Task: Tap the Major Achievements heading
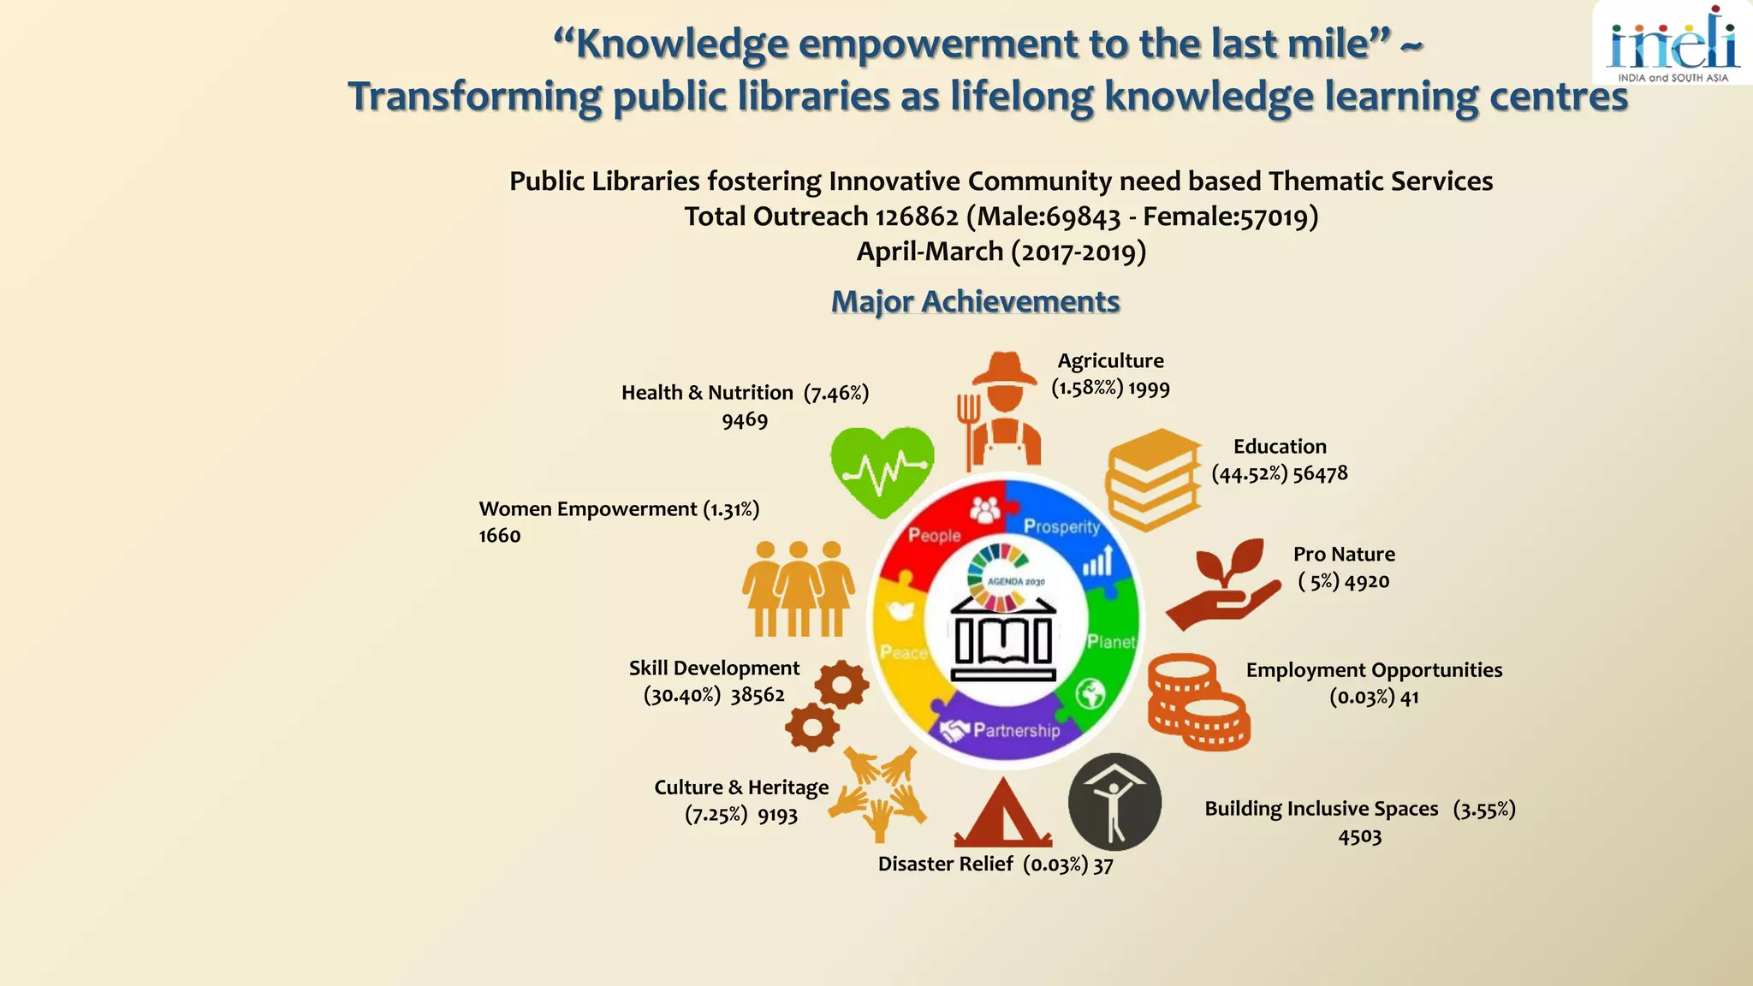tap(975, 301)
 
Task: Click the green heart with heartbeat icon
tap(882, 471)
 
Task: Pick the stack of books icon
tap(1152, 478)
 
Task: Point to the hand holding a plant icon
tap(1222, 584)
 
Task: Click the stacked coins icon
tap(1197, 702)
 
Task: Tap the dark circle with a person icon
tap(1114, 802)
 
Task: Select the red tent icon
tap(1002, 813)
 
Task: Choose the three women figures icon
tap(798, 588)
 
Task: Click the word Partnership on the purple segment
tap(1016, 730)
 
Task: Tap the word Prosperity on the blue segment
tap(1061, 526)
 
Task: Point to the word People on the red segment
tap(934, 535)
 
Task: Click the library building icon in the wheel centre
tap(1003, 639)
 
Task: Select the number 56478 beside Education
tap(1320, 473)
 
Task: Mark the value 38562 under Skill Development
tap(758, 695)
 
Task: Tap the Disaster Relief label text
tap(945, 864)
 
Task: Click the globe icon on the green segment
tap(1090, 693)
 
